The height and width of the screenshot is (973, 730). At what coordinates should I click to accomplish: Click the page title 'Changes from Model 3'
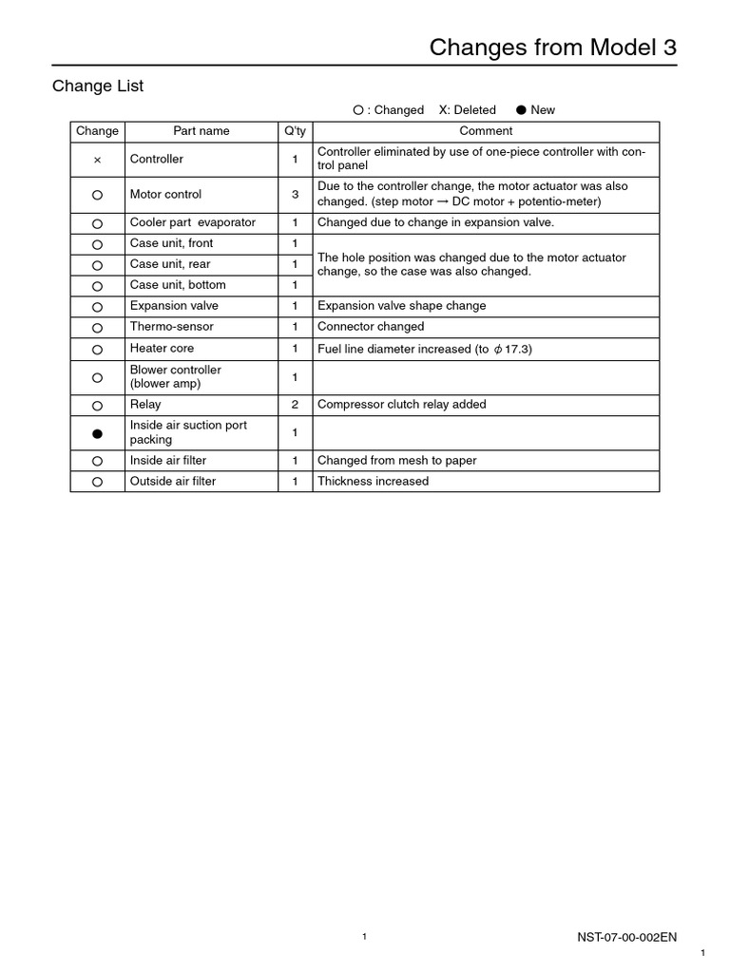552,48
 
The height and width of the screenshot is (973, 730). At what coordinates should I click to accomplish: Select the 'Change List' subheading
98,86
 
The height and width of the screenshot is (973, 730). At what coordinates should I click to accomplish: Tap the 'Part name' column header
201,131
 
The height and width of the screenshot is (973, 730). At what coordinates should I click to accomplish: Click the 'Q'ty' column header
295,131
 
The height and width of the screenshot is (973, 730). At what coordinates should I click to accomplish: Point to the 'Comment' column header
486,131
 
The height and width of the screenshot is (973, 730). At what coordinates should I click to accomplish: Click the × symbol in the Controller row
97,160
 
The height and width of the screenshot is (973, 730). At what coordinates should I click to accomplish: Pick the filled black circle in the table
97,433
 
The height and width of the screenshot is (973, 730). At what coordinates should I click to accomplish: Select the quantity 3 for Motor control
295,194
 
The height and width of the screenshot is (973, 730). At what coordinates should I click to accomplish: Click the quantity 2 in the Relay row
295,405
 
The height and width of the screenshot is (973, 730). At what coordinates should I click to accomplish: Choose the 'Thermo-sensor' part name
172,327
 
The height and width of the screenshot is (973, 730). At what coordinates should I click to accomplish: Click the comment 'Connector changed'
371,327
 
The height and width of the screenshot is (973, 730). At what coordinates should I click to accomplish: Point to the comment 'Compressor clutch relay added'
401,405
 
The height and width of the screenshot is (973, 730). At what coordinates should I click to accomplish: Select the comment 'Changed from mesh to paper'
396,461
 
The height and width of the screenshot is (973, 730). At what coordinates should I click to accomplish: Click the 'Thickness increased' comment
373,482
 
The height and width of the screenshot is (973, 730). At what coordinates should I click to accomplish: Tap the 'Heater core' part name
162,349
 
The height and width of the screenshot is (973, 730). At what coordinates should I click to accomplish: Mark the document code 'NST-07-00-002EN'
627,937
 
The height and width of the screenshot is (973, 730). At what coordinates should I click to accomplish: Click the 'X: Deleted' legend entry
467,110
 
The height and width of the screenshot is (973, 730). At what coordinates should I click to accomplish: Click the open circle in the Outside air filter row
97,482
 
